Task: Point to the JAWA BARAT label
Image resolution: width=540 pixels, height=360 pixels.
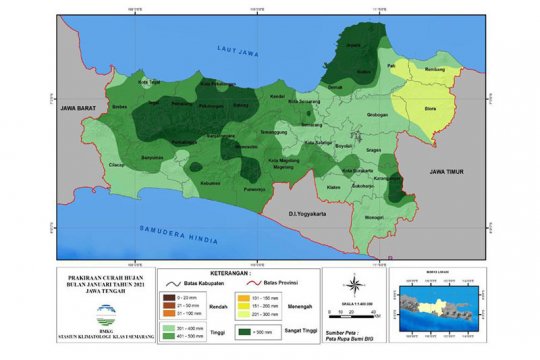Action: (80, 106)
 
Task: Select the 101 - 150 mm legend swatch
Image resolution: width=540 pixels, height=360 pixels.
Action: (244, 297)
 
